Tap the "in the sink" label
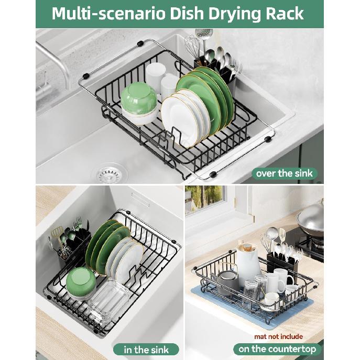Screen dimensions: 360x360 (145, 349)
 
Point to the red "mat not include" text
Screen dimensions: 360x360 (278, 336)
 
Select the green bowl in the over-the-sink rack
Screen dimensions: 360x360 (138, 100)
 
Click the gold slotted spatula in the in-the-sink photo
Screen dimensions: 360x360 (56, 233)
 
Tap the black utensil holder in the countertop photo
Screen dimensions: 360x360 (283, 265)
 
